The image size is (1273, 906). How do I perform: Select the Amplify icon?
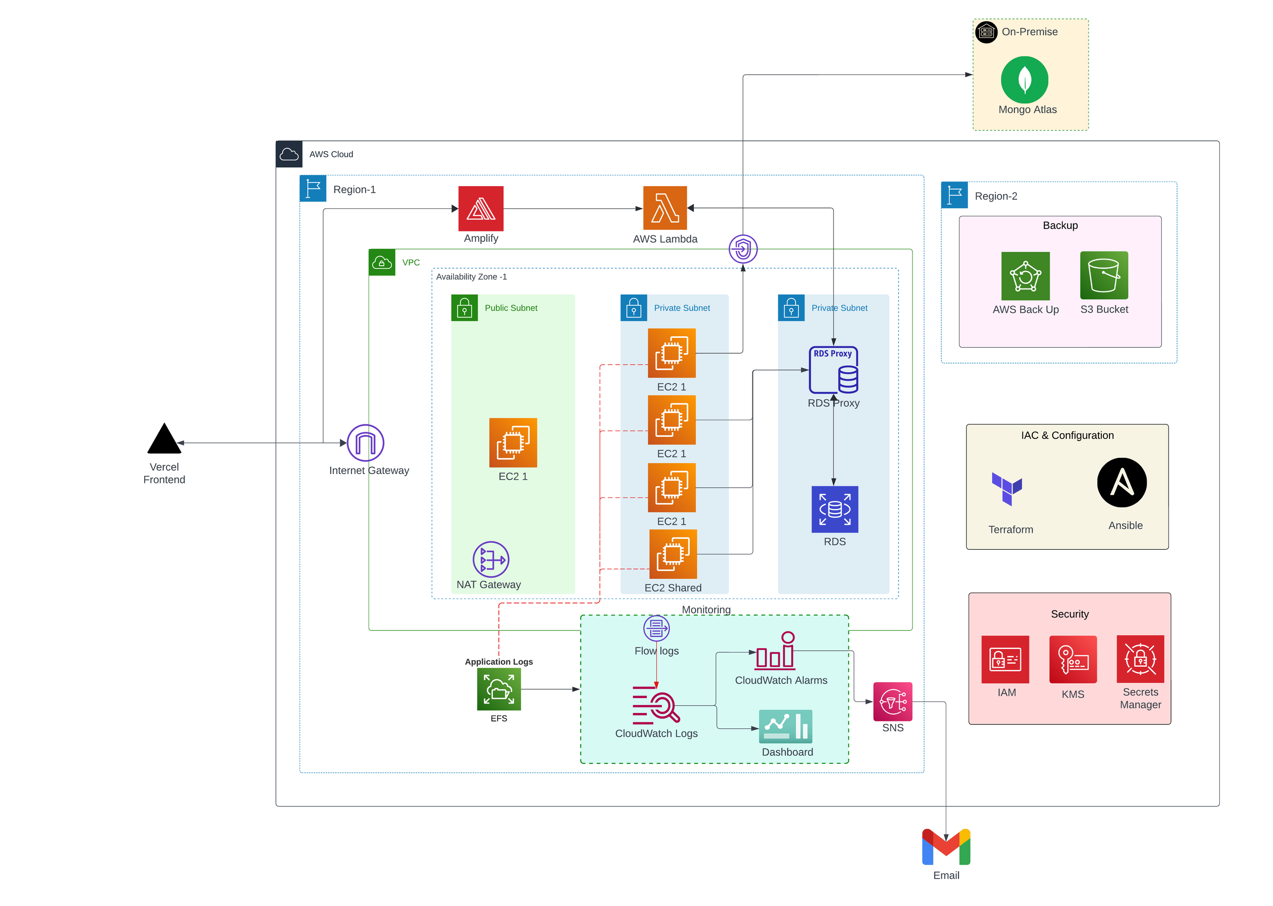point(481,208)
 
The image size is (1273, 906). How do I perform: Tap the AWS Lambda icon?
point(665,208)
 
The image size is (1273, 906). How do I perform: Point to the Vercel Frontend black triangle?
point(164,440)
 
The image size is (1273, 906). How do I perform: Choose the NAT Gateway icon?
point(491,559)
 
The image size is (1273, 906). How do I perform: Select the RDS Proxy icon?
point(833,369)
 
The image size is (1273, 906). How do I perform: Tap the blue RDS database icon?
point(834,509)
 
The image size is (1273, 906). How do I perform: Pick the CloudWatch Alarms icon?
point(775,651)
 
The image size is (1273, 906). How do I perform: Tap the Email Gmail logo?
point(946,846)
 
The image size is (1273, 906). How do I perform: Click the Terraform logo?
point(1006,488)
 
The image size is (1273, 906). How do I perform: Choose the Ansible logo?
point(1121,483)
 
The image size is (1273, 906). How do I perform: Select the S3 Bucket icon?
point(1103,276)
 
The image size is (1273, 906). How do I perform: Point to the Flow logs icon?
point(656,628)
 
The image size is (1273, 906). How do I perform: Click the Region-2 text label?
point(996,197)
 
